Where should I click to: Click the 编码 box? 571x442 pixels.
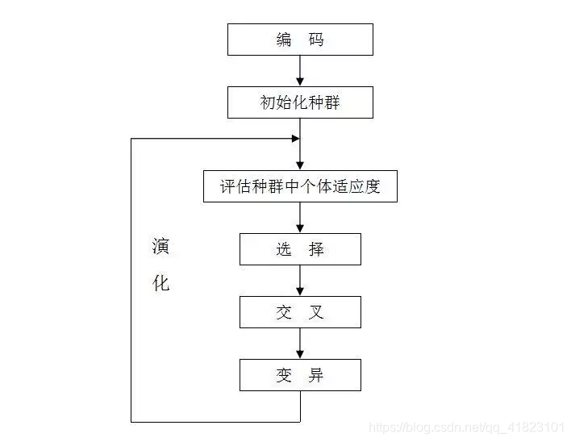point(300,40)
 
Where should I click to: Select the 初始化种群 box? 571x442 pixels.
point(300,103)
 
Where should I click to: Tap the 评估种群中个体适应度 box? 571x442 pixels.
point(300,186)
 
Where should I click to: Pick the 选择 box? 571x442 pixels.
point(300,249)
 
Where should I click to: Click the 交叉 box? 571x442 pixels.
point(300,312)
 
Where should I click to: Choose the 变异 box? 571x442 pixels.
point(300,375)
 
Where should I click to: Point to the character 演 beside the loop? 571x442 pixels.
point(161,246)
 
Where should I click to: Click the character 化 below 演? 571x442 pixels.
point(161,284)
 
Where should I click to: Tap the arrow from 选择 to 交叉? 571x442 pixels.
point(300,281)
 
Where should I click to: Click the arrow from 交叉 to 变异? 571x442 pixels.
point(300,344)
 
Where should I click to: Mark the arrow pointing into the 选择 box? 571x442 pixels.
point(300,218)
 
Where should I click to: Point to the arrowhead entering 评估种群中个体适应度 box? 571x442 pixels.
point(300,165)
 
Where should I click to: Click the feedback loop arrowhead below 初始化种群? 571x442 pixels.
point(296,139)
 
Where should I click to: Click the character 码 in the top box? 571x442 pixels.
point(316,40)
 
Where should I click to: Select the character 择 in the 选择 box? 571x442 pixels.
point(316,249)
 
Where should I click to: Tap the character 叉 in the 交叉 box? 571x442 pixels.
point(316,312)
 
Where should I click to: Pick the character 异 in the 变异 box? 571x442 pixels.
point(316,375)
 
